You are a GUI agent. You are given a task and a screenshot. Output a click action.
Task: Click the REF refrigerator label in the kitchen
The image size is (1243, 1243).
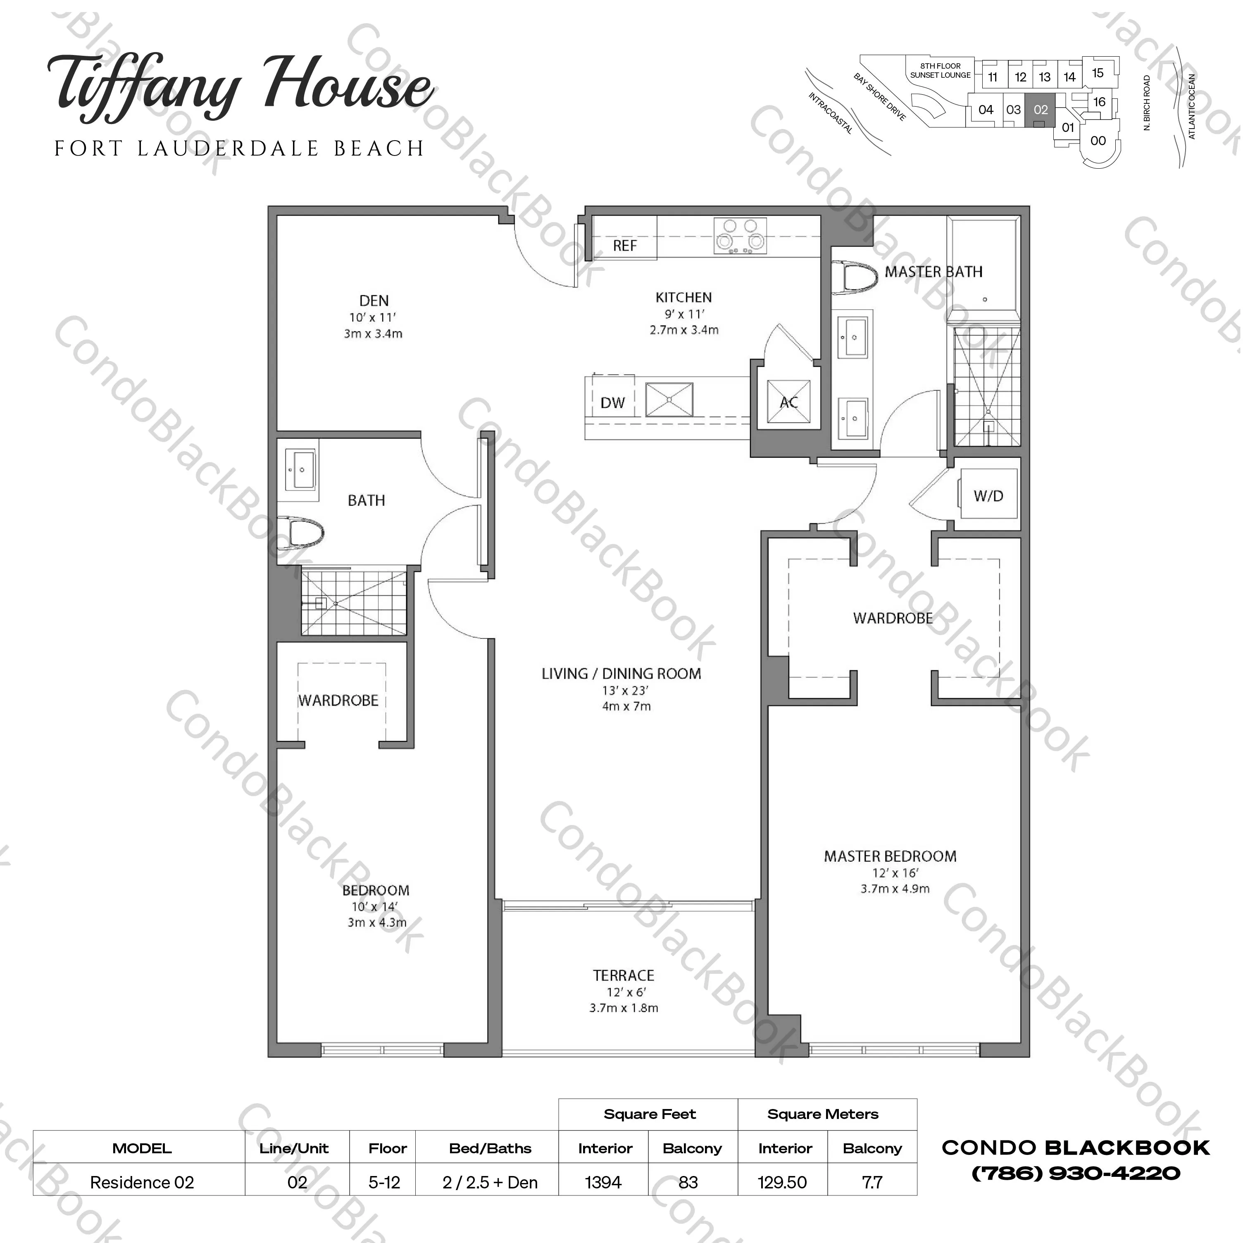(x=624, y=245)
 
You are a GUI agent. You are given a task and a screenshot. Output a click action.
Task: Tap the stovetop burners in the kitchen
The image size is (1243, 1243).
(x=740, y=236)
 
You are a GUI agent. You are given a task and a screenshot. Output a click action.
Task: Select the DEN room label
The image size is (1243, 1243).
(x=374, y=301)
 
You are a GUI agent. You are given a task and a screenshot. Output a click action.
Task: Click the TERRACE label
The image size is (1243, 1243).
(x=624, y=975)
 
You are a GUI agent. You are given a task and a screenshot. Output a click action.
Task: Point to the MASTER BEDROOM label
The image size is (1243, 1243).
(x=890, y=856)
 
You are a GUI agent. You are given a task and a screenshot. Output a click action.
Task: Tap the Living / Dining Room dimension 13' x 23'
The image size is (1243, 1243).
(x=625, y=691)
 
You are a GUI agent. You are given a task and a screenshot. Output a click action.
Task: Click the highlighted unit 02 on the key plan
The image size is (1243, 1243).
(x=1041, y=110)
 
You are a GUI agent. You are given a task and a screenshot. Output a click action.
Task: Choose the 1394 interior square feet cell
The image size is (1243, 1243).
(x=603, y=1182)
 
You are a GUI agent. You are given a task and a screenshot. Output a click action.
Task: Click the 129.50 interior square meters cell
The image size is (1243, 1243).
(x=782, y=1182)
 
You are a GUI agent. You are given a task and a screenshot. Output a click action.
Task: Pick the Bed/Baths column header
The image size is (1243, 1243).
(x=490, y=1148)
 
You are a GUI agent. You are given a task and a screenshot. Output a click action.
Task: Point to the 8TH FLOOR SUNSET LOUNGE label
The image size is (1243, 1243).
(x=940, y=70)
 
